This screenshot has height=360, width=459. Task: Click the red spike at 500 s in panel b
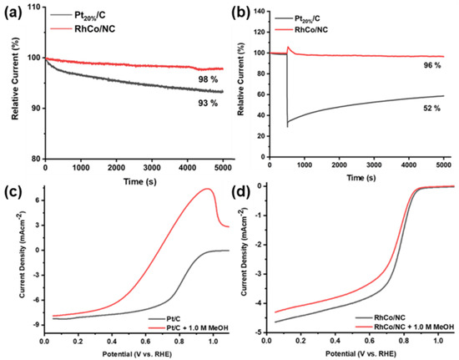[288, 48]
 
